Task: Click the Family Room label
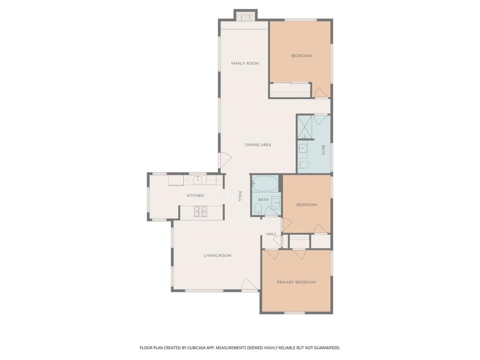pyautogui.click(x=245, y=63)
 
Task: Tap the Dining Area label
pyautogui.click(x=258, y=145)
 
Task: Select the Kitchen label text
pyautogui.click(x=195, y=195)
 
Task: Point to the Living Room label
pyautogui.click(x=217, y=255)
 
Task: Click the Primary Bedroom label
pyautogui.click(x=296, y=282)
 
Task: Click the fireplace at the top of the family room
pyautogui.click(x=246, y=16)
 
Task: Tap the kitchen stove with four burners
pyautogui.click(x=200, y=211)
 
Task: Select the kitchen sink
pyautogui.click(x=198, y=180)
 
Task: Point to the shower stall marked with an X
pyautogui.click(x=304, y=127)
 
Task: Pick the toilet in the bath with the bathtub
pyautogui.click(x=258, y=209)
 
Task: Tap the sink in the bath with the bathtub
pyautogui.click(x=276, y=202)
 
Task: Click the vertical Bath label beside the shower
pyautogui.click(x=323, y=150)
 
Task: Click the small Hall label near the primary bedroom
pyautogui.click(x=271, y=234)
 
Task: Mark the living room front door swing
pyautogui.click(x=250, y=285)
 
